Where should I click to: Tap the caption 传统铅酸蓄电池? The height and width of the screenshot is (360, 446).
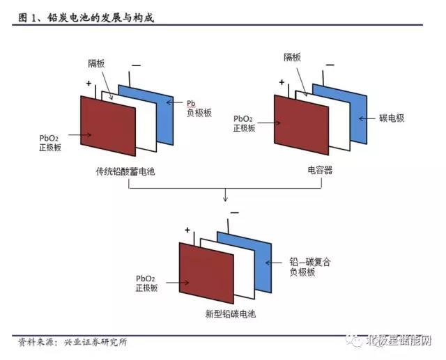[x=125, y=171]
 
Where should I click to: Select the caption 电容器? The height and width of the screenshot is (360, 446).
[x=320, y=170]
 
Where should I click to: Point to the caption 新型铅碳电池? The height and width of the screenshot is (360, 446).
[x=231, y=314]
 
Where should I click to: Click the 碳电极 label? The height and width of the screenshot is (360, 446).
[x=392, y=118]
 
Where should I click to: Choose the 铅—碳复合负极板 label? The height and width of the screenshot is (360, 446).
[x=309, y=267]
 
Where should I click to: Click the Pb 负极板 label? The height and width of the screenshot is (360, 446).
[x=199, y=109]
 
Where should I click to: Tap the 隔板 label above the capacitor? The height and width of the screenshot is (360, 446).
[x=292, y=57]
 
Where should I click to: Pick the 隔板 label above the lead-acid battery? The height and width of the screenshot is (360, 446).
[x=96, y=63]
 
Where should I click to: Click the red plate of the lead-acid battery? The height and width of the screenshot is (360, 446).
[x=108, y=126]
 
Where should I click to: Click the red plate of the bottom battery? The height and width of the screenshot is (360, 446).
[x=206, y=273]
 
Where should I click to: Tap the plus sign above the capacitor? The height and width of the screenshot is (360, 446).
[x=282, y=82]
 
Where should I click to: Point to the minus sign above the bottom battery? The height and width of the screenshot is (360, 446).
[x=235, y=213]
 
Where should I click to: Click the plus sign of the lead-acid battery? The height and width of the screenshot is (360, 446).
[x=89, y=84]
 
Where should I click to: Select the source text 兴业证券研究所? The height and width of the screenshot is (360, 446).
[x=95, y=342]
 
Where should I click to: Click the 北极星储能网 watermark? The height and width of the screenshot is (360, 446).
[x=399, y=341]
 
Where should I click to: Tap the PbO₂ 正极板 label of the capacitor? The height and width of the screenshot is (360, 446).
[x=244, y=124]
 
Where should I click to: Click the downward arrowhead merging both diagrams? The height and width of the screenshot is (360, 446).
[x=225, y=199]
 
